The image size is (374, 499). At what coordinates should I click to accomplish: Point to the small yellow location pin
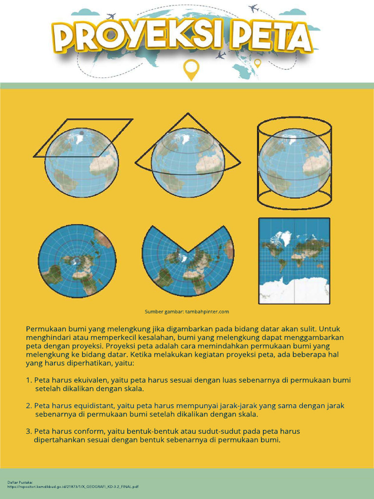258,63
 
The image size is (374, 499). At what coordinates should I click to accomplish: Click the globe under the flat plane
81,163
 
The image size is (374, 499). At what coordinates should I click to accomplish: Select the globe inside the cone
187,163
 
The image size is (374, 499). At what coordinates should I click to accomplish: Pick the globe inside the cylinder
294,163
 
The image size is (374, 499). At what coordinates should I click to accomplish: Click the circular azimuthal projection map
77,261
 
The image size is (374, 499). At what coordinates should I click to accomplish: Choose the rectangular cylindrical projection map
294,261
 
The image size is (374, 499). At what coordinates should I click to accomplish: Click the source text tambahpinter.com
207,312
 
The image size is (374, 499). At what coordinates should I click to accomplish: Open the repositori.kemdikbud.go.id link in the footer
73,486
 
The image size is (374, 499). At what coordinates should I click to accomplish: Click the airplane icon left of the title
111,16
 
